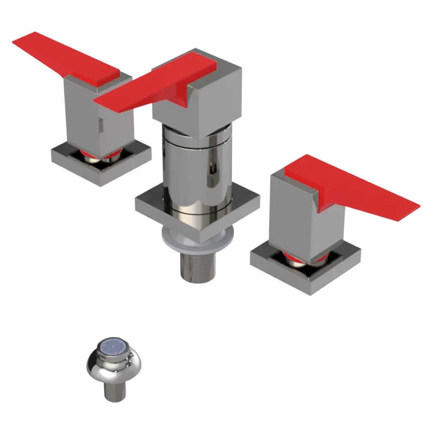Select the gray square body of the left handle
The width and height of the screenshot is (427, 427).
pos(81,115)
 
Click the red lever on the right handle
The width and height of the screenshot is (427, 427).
pos(350,188)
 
